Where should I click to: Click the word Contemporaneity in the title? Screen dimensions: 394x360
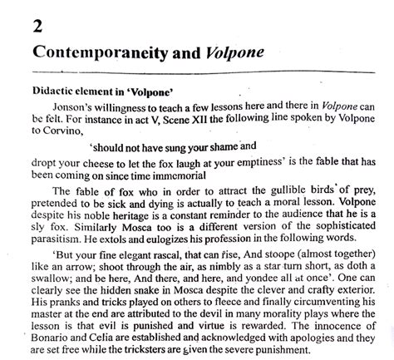tap(98, 51)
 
